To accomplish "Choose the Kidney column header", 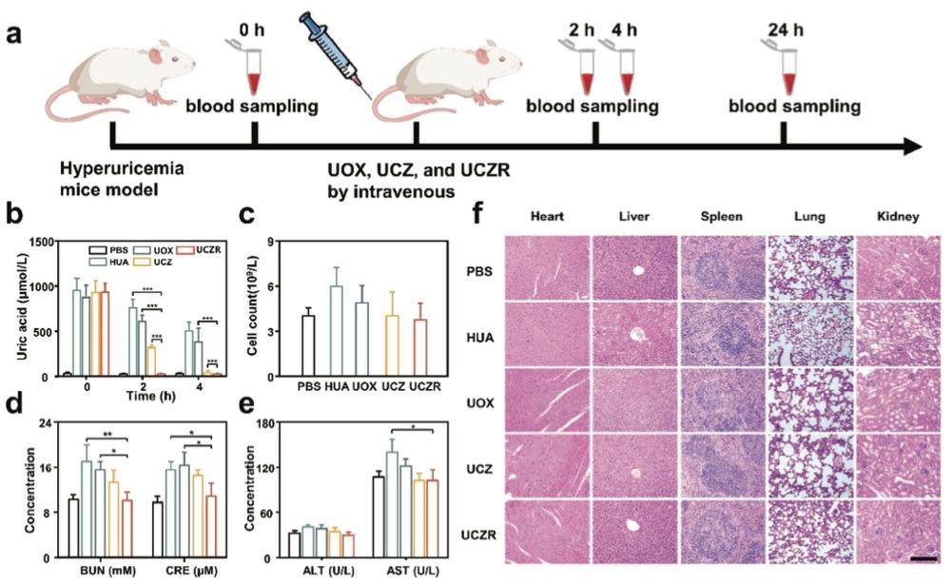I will (x=899, y=218).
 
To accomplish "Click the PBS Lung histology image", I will (x=810, y=267).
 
